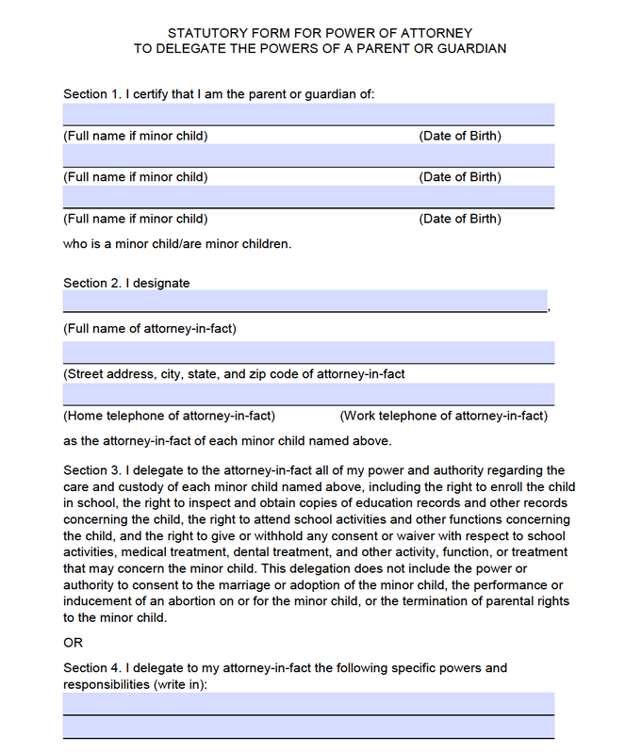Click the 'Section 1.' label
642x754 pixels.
(x=91, y=94)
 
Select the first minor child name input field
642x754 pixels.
(x=308, y=114)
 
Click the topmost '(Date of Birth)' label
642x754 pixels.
(x=460, y=136)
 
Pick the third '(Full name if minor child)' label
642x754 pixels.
(x=136, y=219)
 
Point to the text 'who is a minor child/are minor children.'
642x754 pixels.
(x=177, y=243)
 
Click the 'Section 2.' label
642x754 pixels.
(x=91, y=283)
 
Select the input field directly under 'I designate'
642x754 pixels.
(x=305, y=301)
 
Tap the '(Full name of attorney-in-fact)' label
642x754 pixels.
(x=150, y=328)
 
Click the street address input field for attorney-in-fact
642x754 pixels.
(x=308, y=352)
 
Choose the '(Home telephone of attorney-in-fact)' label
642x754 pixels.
(x=170, y=416)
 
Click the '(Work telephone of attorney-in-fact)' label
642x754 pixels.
(x=443, y=416)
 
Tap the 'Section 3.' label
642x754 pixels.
(x=91, y=470)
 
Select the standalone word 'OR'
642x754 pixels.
(x=74, y=643)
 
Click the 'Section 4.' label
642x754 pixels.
(x=91, y=668)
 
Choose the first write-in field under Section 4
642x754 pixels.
(x=308, y=703)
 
